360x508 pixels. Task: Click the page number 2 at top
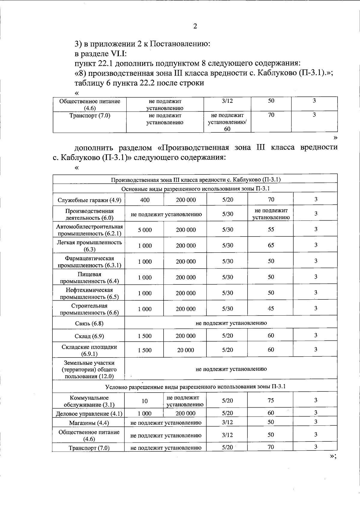[195, 26]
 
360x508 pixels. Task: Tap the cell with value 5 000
[145, 230]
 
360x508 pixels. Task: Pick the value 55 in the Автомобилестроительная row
[271, 230]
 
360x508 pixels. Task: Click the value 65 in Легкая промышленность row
[271, 245]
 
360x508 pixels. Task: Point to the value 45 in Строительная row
[271, 308]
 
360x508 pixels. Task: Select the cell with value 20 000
[185, 350]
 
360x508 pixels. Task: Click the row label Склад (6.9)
[89, 336]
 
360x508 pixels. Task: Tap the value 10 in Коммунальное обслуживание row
[145, 401]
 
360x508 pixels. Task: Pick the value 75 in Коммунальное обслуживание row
[271, 400]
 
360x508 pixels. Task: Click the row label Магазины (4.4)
[89, 423]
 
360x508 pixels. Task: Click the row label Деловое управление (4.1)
[89, 414]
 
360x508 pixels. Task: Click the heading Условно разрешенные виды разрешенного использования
[195, 387]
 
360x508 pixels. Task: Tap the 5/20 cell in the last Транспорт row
[227, 447]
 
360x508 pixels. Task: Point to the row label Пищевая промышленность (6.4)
[89, 278]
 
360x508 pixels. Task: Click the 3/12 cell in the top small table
[227, 101]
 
